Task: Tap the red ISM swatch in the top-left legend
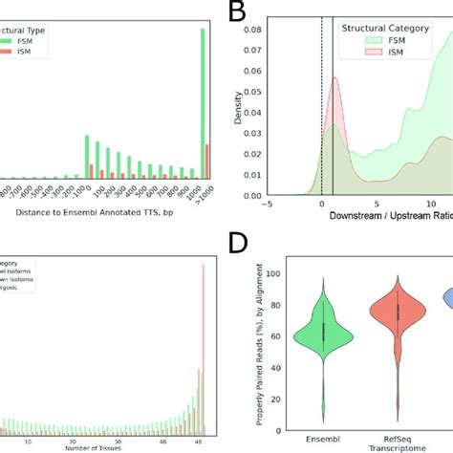[10, 54]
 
